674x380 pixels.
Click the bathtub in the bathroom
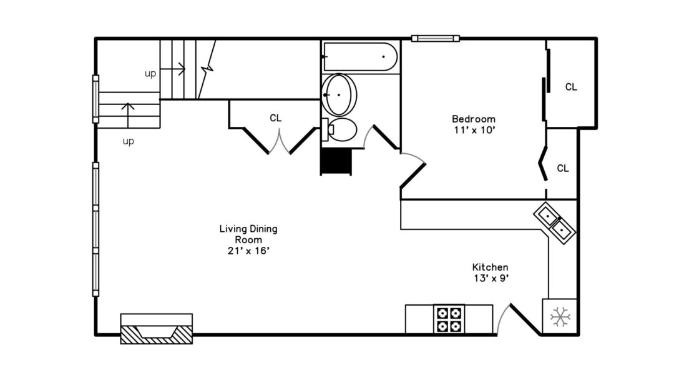360,57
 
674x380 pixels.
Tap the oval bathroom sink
339,94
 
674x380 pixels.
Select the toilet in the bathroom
339,129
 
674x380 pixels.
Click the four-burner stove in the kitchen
449,319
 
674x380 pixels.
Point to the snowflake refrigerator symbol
560,317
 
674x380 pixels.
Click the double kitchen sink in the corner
555,223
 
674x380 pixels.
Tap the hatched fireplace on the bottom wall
157,329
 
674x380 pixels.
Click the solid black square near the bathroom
336,161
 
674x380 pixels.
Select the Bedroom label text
473,119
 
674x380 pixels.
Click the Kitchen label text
490,267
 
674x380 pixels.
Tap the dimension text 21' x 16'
248,251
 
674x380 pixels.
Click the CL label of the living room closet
276,118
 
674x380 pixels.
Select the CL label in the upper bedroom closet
571,87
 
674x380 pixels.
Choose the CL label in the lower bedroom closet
563,168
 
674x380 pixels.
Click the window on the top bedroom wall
436,39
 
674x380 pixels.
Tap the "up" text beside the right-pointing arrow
150,74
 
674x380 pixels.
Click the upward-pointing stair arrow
128,115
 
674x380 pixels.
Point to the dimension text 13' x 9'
491,278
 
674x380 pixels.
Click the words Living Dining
248,229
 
